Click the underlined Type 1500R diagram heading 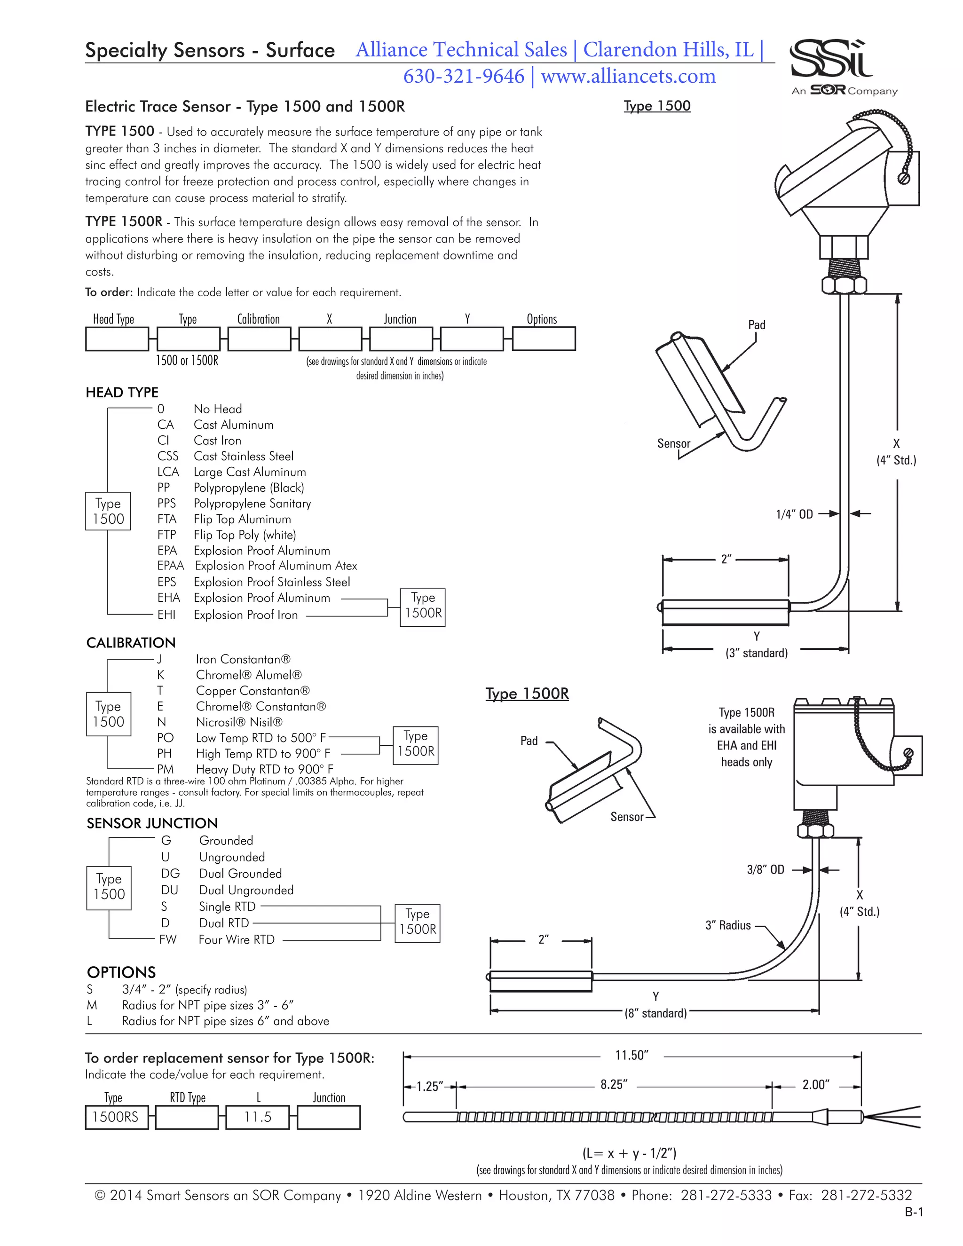click(527, 694)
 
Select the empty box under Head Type click(117, 339)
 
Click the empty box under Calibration click(259, 339)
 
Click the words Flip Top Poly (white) click(245, 535)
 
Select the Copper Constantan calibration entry click(253, 691)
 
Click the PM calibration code click(166, 769)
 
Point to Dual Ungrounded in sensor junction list click(246, 890)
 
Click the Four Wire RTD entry click(236, 939)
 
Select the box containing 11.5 click(258, 1117)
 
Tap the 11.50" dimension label click(631, 1056)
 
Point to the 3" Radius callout click(728, 925)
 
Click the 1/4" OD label click(794, 514)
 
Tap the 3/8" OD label click(765, 869)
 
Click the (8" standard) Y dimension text click(655, 1013)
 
